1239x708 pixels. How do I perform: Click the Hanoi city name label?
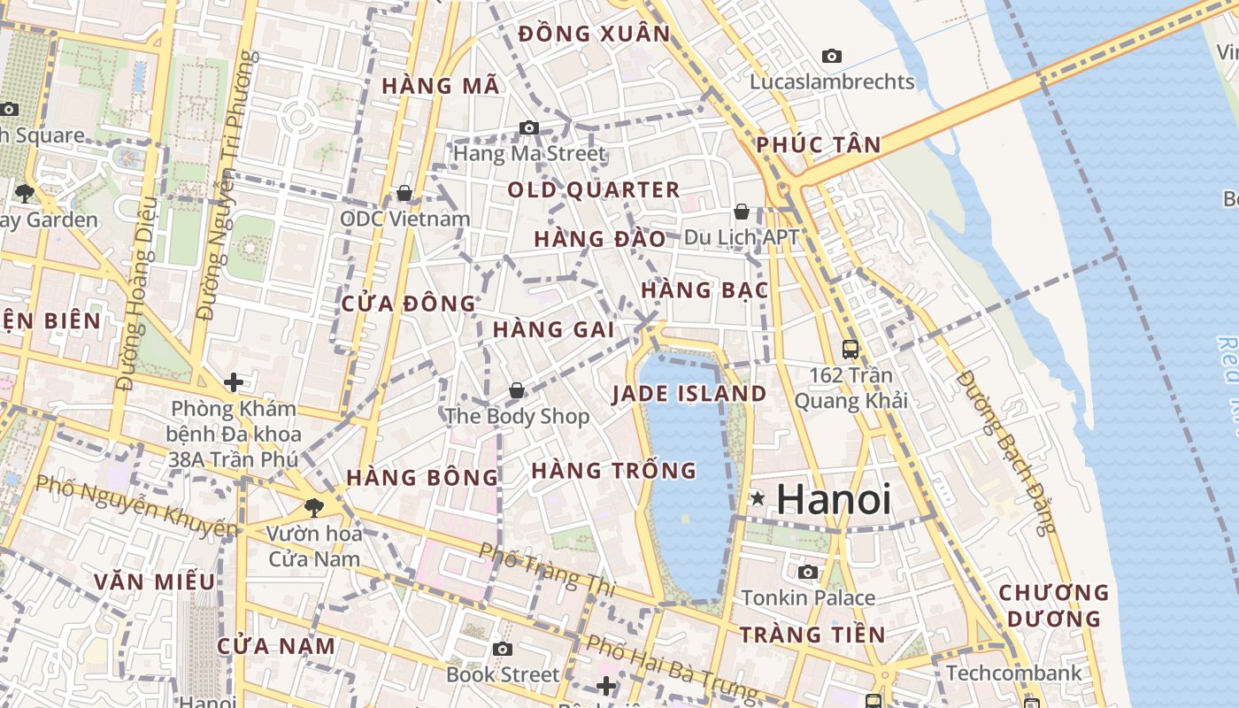(x=834, y=500)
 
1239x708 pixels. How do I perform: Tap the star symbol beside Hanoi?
(x=758, y=499)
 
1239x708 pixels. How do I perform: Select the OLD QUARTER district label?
(x=594, y=190)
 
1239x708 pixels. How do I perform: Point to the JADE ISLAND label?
(x=689, y=394)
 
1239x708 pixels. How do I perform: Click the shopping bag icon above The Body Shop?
(x=517, y=390)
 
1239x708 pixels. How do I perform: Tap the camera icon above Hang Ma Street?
(x=529, y=128)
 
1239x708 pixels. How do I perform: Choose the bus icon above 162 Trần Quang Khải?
(x=850, y=350)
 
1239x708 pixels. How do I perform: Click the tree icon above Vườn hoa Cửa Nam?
(x=313, y=507)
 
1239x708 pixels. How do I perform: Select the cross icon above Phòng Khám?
(x=234, y=382)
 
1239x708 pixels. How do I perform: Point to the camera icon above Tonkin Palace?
(x=808, y=573)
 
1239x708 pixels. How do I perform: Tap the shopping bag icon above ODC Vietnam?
(x=404, y=193)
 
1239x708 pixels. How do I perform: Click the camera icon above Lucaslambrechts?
(x=832, y=57)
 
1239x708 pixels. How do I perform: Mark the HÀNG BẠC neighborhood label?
(x=704, y=290)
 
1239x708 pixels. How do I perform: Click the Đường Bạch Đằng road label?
(x=1007, y=451)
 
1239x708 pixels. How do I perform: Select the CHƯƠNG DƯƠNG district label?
(x=1053, y=605)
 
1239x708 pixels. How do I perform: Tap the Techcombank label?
(x=1013, y=673)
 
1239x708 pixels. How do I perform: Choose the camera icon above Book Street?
(x=503, y=650)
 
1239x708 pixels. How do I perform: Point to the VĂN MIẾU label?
(x=155, y=582)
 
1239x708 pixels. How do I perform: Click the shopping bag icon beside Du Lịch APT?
(x=742, y=212)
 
